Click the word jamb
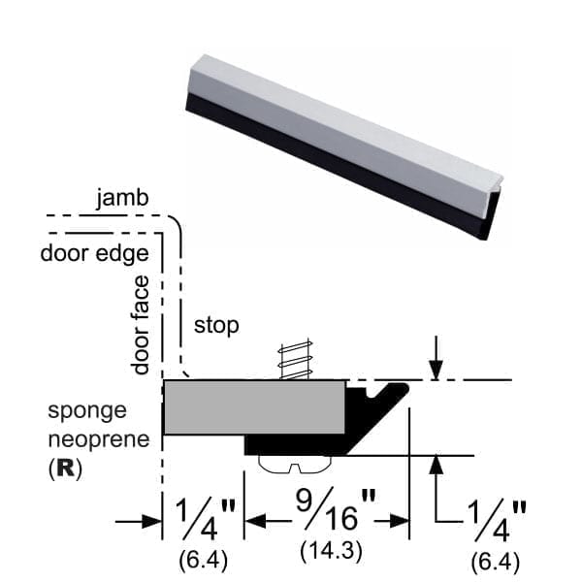[122, 199]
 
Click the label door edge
[94, 254]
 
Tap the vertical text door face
[142, 325]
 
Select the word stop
[216, 325]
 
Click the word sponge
[86, 412]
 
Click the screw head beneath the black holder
[297, 465]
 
